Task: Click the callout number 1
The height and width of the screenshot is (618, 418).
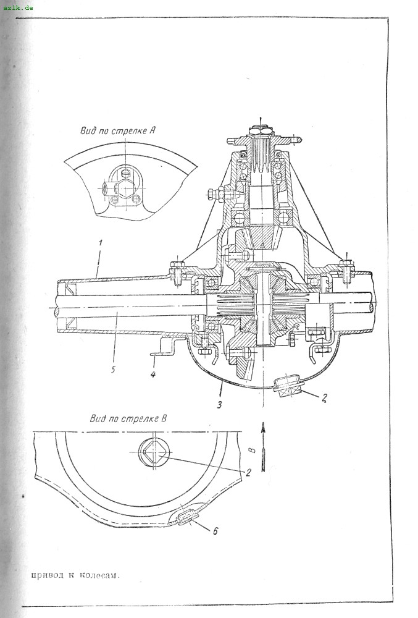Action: [101, 242]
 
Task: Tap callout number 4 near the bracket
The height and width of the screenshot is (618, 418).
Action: [153, 373]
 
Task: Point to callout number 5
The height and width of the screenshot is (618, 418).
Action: [113, 370]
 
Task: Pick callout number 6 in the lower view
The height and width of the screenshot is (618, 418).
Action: [215, 531]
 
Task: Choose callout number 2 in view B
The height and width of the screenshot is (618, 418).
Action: [248, 472]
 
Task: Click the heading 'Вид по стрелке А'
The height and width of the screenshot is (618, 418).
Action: [117, 130]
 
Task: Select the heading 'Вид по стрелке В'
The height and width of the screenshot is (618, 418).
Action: [128, 418]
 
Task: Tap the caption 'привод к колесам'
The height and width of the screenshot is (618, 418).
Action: [75, 574]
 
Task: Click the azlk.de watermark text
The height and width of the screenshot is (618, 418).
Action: [18, 7]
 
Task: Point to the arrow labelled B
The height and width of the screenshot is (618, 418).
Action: [263, 447]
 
